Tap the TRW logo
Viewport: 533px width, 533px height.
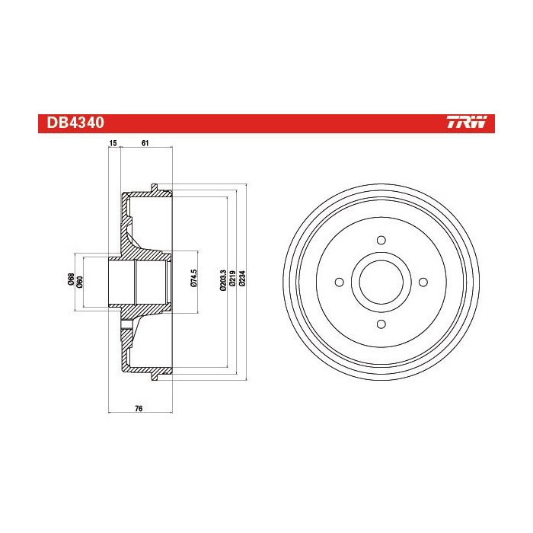tap(470, 123)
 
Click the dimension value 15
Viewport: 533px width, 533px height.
tap(112, 143)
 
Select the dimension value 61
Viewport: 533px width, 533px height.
tap(145, 143)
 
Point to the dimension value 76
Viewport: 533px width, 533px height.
tap(139, 409)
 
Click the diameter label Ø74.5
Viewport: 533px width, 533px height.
tap(194, 279)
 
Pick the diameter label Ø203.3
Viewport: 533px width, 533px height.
tap(222, 279)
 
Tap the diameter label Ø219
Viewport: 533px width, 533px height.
tap(231, 279)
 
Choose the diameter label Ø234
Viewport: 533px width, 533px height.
tap(242, 279)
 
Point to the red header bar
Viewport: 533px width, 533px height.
tap(266, 123)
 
